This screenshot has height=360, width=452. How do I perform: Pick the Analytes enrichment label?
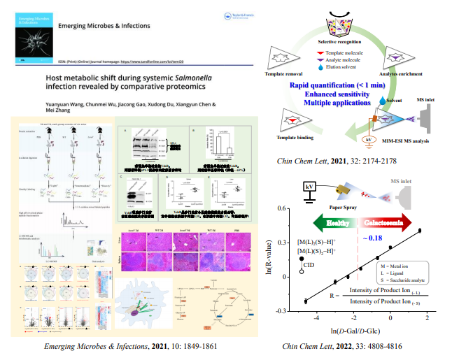[x=401, y=73]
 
